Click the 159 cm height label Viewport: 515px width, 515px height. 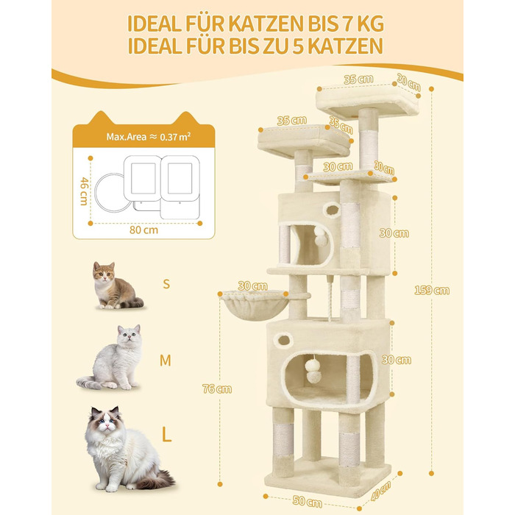pos(432,291)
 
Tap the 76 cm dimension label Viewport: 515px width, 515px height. pos(217,389)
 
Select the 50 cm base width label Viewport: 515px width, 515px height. pos(307,502)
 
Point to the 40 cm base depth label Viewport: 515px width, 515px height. pos(380,491)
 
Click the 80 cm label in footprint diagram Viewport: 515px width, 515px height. pos(143,230)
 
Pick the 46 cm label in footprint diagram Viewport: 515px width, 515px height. pos(85,191)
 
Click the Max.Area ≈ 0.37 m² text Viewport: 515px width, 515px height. pos(149,137)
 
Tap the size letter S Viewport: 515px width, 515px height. pos(166,284)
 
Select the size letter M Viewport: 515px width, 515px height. pos(166,360)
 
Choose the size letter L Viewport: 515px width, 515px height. pos(166,435)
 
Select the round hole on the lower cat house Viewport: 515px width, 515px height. pos(283,339)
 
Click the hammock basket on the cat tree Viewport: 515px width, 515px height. pos(255,306)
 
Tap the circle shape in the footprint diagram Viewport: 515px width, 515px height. pos(110,193)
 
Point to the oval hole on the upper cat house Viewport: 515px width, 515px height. pos(332,210)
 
